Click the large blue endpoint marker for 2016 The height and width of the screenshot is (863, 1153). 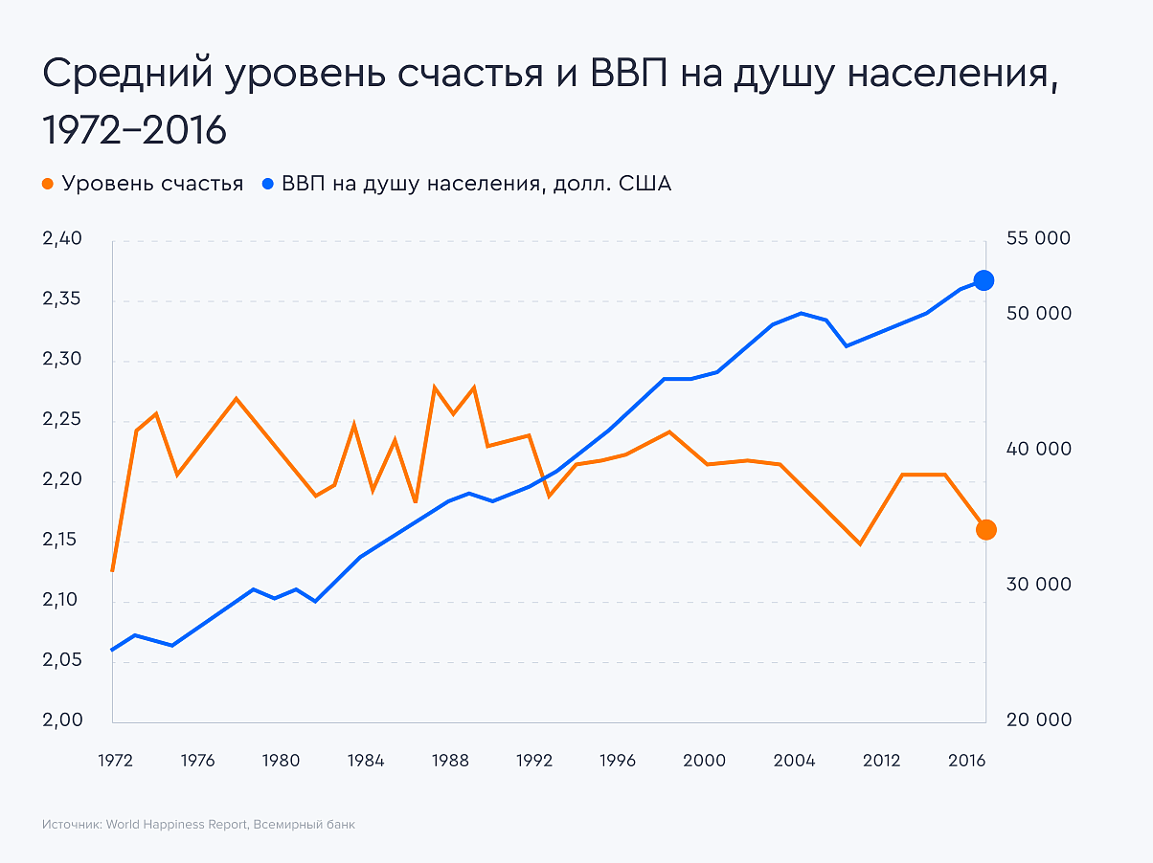983,280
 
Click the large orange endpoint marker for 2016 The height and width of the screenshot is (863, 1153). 985,530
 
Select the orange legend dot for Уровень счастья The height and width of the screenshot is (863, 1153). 49,185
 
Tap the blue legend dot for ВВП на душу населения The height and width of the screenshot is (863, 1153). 268,185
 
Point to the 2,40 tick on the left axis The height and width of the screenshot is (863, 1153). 63,240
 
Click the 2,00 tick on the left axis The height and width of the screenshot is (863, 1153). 63,721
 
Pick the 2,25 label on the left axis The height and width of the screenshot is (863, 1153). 63,421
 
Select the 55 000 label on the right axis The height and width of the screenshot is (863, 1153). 1038,239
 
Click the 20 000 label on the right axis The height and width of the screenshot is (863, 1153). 1038,720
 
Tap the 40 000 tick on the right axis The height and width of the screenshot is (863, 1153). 1038,450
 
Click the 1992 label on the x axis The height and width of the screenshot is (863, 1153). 535,762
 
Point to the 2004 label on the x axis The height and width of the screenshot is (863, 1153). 794,762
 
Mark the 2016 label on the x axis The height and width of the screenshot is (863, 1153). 967,762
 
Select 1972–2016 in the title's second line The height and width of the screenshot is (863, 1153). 134,131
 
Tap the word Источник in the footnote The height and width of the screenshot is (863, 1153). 71,825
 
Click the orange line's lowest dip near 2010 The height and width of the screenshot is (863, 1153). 860,543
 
